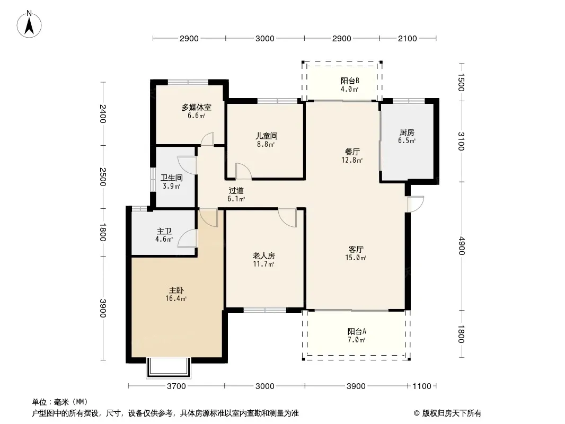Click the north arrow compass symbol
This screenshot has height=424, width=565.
[x=29, y=24]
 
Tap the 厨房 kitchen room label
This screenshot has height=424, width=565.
[x=407, y=132]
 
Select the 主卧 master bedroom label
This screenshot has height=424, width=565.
[x=176, y=290]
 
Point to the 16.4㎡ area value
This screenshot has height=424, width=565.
[x=176, y=298]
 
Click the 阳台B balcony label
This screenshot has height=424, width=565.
[x=349, y=81]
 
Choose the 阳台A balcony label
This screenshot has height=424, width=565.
[x=357, y=331]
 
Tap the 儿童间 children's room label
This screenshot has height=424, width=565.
[x=266, y=136]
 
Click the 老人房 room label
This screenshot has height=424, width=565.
[x=263, y=256]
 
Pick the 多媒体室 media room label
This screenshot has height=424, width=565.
[x=197, y=107]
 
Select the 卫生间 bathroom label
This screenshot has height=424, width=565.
[x=172, y=178]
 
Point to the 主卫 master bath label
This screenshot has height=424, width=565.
[x=164, y=231]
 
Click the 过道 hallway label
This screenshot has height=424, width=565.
[x=236, y=190]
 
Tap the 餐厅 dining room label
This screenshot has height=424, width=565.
[x=352, y=152]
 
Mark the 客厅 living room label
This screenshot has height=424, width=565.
[x=356, y=249]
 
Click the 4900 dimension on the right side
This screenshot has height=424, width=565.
[x=462, y=246]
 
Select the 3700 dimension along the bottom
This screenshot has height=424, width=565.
[x=176, y=386]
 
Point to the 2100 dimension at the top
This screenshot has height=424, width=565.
[x=408, y=39]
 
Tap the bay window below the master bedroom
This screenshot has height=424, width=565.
[x=167, y=368]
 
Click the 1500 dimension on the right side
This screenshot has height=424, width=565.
[x=462, y=82]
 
